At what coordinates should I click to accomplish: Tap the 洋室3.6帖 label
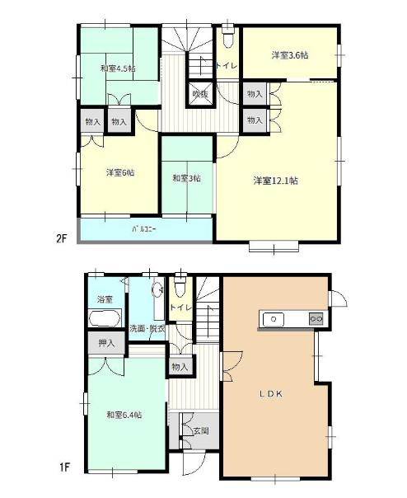(290, 55)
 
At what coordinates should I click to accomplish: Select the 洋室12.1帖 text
(275, 180)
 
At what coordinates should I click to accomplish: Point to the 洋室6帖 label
(119, 173)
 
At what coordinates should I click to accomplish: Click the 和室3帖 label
(186, 177)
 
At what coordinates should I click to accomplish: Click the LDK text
(274, 394)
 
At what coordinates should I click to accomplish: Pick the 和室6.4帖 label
(124, 415)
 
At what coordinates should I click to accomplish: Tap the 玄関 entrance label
(201, 430)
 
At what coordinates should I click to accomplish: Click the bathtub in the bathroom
(105, 317)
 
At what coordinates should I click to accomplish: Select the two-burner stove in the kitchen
(316, 318)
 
